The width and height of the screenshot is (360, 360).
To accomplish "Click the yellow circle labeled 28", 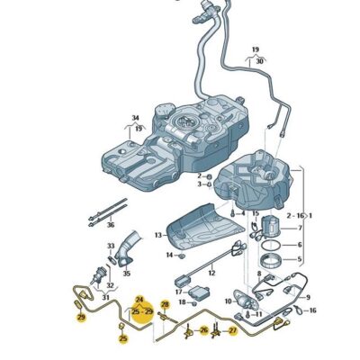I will [x=165, y=306].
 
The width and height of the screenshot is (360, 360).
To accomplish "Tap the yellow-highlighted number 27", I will [x=232, y=331].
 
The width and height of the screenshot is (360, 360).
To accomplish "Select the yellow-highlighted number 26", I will [x=204, y=331].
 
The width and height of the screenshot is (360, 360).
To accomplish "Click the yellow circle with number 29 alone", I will [x=80, y=318].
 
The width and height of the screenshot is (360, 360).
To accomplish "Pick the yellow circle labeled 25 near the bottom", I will [x=123, y=339].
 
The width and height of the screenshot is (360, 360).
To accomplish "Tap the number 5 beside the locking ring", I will [x=301, y=262].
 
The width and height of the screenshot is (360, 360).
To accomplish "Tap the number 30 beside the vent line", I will [x=260, y=60].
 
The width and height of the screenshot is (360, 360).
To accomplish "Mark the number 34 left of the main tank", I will [x=135, y=118].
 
